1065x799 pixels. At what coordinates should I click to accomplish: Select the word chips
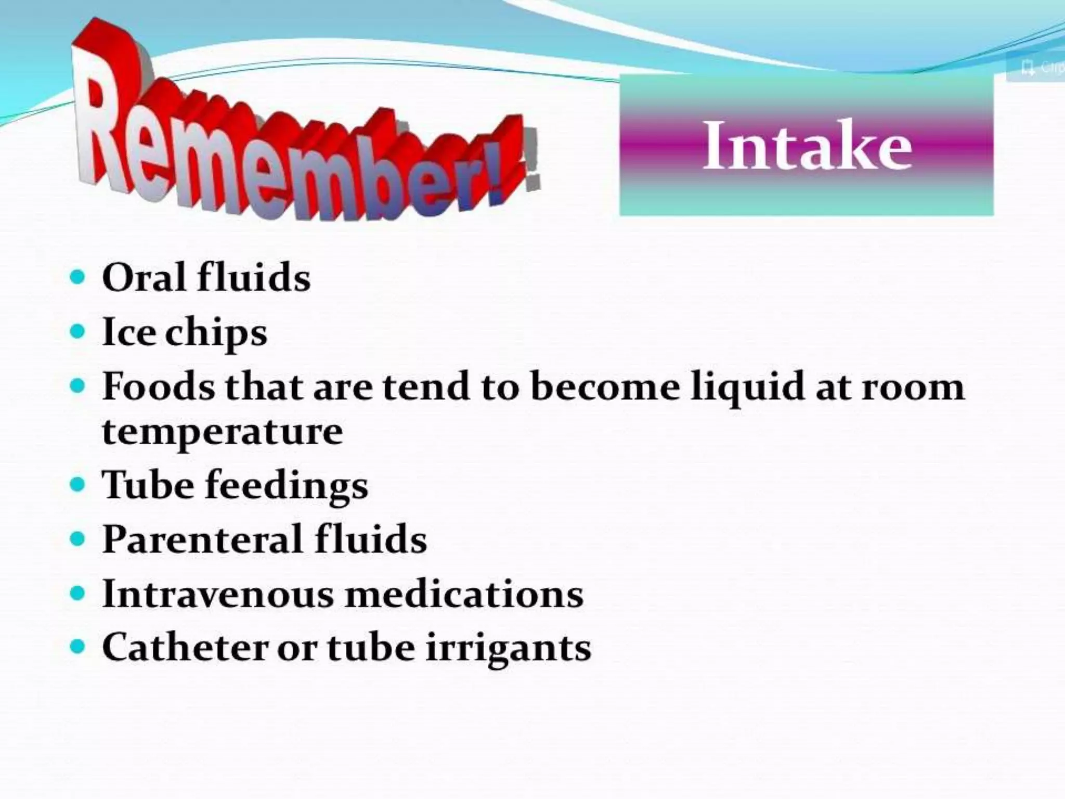coord(216,333)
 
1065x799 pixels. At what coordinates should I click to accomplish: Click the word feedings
coord(287,487)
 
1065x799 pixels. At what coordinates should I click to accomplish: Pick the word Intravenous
coord(218,594)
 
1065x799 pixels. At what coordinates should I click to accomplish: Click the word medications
coord(464,594)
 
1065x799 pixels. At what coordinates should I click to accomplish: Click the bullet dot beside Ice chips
coord(77,331)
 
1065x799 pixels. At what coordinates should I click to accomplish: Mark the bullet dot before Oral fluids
coord(77,277)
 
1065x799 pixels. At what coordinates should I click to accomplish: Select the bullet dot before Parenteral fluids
coord(77,539)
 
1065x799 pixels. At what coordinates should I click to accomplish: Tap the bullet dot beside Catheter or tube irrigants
coord(77,648)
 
